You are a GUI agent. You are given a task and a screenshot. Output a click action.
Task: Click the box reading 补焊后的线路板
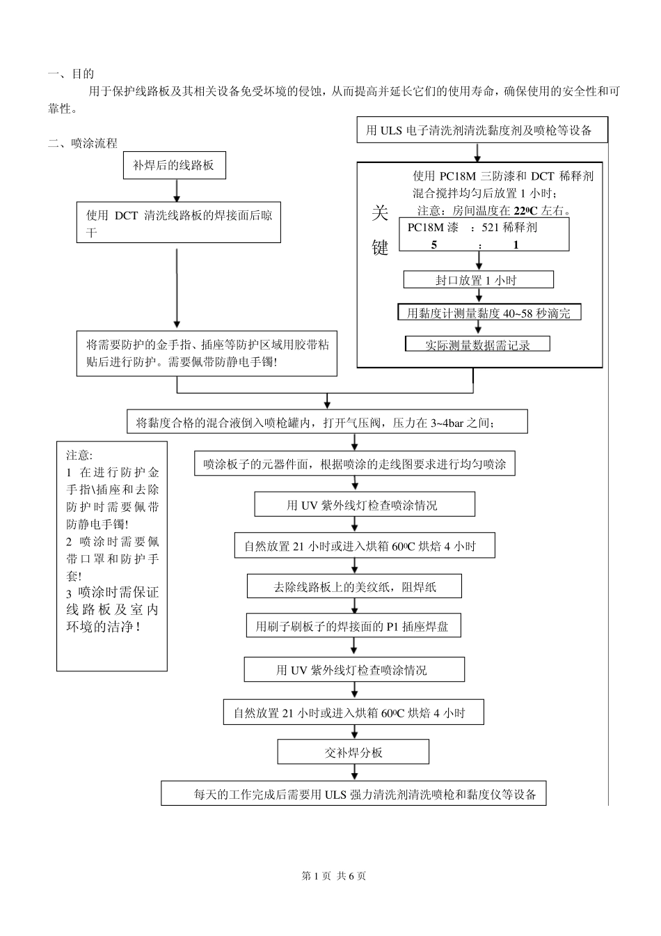pyautogui.click(x=173, y=166)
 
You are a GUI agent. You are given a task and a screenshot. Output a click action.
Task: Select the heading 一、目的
pyautogui.click(x=70, y=74)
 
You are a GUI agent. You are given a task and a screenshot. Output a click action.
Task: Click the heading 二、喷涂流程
pyautogui.click(x=82, y=143)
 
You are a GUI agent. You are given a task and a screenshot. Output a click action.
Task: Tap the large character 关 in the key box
pyautogui.click(x=380, y=213)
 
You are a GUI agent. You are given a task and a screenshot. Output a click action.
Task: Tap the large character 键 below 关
pyautogui.click(x=380, y=247)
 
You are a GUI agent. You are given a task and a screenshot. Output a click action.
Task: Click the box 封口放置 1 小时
pyautogui.click(x=478, y=280)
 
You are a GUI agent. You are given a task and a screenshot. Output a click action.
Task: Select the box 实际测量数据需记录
pyautogui.click(x=477, y=344)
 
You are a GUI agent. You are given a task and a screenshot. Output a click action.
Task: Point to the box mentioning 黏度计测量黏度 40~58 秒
pyautogui.click(x=488, y=313)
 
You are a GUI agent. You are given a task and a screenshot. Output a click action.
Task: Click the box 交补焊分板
pyautogui.click(x=353, y=752)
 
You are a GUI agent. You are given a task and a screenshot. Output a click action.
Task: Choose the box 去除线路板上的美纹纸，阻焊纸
pyautogui.click(x=354, y=586)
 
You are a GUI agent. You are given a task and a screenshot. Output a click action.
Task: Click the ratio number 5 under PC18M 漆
pyautogui.click(x=434, y=245)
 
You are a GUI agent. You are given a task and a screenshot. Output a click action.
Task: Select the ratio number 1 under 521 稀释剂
pyautogui.click(x=516, y=245)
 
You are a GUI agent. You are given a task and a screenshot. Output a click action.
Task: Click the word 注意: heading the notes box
pyautogui.click(x=79, y=455)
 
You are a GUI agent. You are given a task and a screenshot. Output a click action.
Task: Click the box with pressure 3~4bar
pyautogui.click(x=327, y=422)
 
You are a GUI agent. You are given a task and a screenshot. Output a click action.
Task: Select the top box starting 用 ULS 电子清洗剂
pyautogui.click(x=482, y=130)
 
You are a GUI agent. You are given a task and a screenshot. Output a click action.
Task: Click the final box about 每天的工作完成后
pyautogui.click(x=353, y=794)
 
